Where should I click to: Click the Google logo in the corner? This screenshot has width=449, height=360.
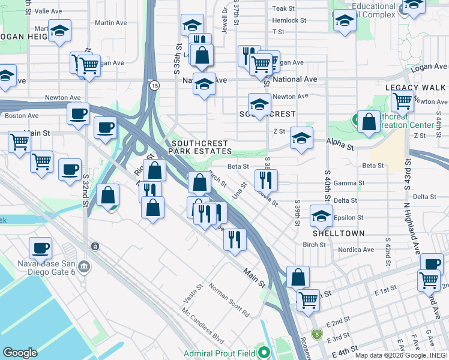point(20,353)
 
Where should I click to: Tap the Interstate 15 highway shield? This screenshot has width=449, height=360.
point(154,86)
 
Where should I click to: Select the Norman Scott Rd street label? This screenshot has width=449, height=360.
point(229,299)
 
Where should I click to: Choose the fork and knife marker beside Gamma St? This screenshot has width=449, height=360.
point(265,179)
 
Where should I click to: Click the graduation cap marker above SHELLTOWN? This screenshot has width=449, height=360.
point(322,215)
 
